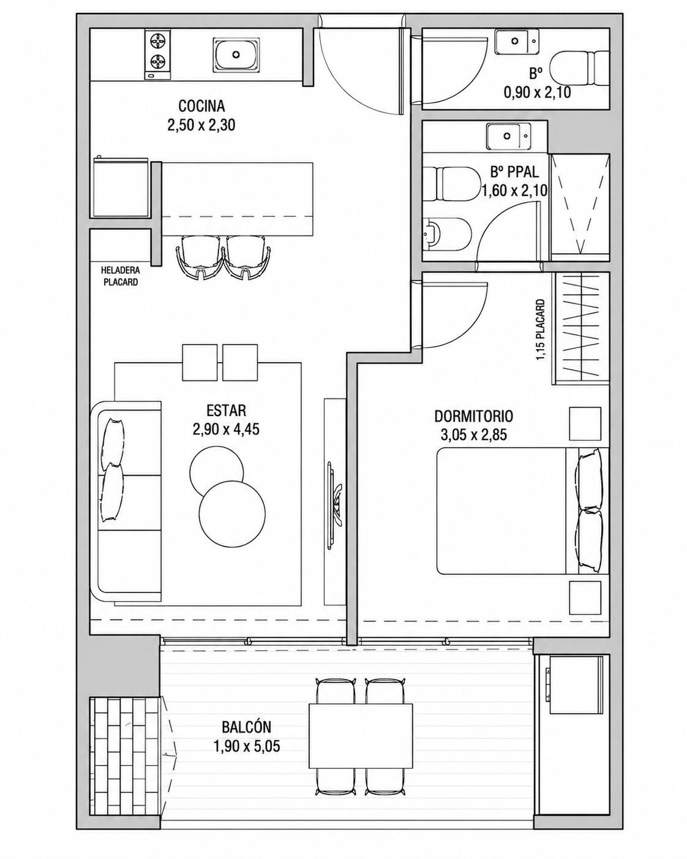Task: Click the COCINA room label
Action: click(x=201, y=106)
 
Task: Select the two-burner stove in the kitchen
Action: click(x=157, y=55)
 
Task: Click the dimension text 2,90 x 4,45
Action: click(x=226, y=429)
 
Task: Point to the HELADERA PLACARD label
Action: click(x=121, y=276)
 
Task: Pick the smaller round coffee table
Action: click(x=217, y=471)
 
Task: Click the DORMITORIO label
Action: click(x=473, y=417)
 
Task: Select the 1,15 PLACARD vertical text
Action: click(x=541, y=330)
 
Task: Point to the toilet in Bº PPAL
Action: click(x=451, y=184)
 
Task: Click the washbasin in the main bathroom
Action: click(x=509, y=136)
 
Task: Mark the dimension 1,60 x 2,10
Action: click(x=514, y=191)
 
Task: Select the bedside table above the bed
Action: click(x=585, y=423)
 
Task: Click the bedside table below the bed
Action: click(x=585, y=597)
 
